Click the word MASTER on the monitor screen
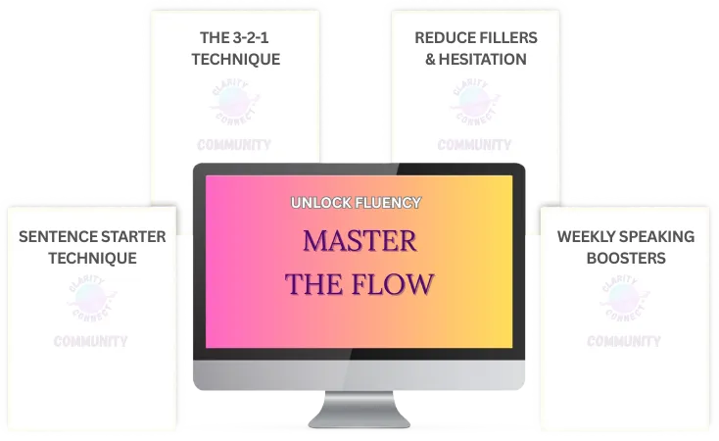point(359,240)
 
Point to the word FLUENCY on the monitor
point(389,203)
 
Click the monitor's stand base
point(359,418)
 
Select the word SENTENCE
point(61,237)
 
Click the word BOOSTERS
point(626,259)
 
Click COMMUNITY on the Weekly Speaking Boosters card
point(624,341)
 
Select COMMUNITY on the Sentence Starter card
point(90,341)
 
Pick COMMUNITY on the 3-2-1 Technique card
point(234,145)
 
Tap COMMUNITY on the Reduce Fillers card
point(475,145)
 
